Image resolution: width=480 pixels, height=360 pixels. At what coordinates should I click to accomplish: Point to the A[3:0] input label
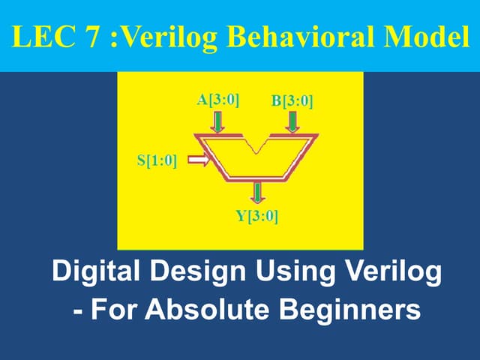tap(217, 100)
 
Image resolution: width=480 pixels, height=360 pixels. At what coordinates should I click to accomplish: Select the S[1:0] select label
tap(157, 160)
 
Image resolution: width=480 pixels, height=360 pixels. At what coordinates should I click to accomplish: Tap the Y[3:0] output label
tap(257, 217)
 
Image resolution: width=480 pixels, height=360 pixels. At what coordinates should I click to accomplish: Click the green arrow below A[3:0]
tap(217, 121)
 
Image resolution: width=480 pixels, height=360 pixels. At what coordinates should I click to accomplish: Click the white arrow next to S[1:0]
tap(198, 159)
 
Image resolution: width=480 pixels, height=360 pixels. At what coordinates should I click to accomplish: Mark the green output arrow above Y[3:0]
tap(258, 192)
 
